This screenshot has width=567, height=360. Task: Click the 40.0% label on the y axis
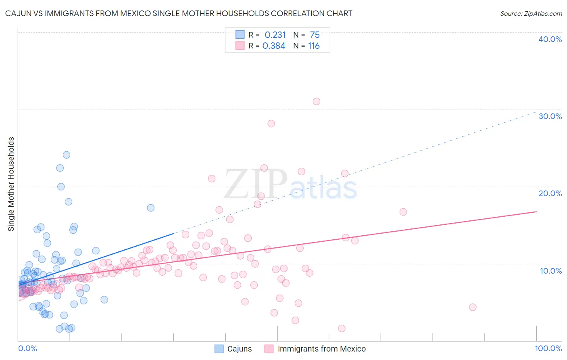tap(550, 39)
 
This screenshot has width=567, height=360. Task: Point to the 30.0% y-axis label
tap(550, 116)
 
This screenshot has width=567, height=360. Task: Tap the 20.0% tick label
tap(550, 193)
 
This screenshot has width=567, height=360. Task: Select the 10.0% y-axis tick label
tap(551, 271)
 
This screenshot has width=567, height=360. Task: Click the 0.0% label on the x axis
tap(27, 348)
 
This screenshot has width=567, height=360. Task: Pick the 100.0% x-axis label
tap(548, 348)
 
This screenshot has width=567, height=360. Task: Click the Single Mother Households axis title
tap(11, 184)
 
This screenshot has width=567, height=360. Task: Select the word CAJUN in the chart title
tap(19, 13)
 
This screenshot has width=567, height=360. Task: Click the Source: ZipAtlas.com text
tap(531, 13)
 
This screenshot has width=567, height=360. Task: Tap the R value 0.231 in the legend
tap(275, 35)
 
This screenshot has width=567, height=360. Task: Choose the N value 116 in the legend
tap(314, 46)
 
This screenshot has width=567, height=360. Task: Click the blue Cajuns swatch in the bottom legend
tap(219, 349)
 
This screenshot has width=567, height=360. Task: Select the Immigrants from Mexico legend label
tap(321, 349)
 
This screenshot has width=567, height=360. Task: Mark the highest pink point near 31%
tap(317, 101)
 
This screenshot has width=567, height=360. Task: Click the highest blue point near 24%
tap(67, 155)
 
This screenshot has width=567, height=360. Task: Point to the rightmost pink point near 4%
tap(473, 307)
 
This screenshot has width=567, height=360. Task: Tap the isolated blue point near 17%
tap(151, 208)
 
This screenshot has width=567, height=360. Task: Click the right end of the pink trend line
tap(536, 211)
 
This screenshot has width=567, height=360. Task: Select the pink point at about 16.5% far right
tap(403, 212)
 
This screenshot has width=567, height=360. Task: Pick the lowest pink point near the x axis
tap(342, 329)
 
